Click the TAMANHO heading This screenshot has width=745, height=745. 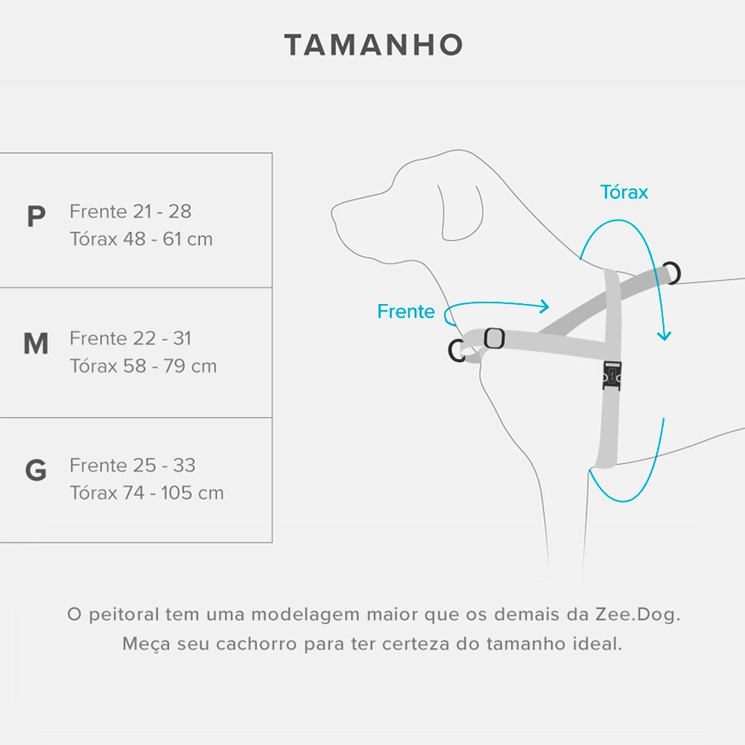click(x=373, y=45)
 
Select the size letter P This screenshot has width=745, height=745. click(x=36, y=217)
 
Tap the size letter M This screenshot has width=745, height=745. click(x=36, y=343)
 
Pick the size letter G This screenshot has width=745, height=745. click(x=36, y=471)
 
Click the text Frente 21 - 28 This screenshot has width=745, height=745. click(x=130, y=212)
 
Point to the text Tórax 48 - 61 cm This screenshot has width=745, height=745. click(x=142, y=239)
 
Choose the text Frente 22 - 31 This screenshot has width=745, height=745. click(x=130, y=338)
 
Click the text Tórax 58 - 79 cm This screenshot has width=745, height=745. click(x=144, y=366)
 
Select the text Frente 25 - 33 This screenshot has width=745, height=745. click(x=133, y=466)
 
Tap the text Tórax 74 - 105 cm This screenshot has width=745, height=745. click(x=147, y=492)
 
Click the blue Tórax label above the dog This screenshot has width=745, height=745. click(x=624, y=192)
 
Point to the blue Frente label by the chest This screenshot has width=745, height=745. click(x=406, y=311)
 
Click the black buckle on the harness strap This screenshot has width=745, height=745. click(x=612, y=375)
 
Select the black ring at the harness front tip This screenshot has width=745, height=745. click(x=457, y=350)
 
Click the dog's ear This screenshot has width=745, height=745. click(x=460, y=212)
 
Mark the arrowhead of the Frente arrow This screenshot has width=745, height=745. click(x=545, y=306)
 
